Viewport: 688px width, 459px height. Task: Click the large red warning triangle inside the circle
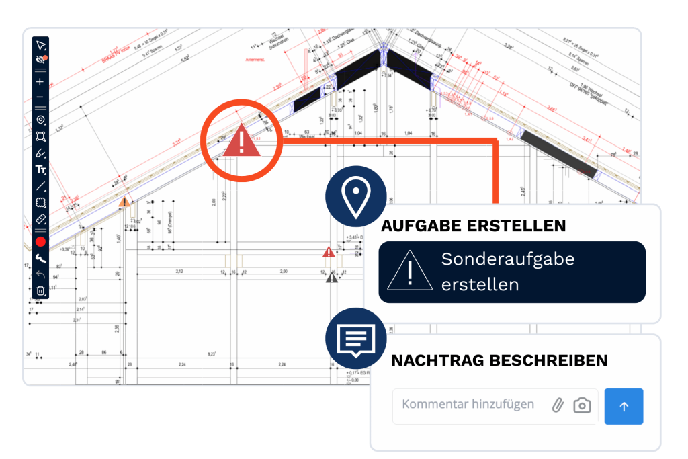coord(242,142)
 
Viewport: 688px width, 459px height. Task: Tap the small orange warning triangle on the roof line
coord(124,202)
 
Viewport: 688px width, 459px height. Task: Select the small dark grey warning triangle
coord(332,277)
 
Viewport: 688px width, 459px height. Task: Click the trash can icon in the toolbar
coord(40,290)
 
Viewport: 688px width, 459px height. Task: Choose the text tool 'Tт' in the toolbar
coord(40,170)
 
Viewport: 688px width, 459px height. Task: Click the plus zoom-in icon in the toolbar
coord(40,82)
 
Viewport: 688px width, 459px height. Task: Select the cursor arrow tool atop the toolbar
coord(40,45)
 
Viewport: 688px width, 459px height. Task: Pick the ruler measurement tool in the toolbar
coord(40,219)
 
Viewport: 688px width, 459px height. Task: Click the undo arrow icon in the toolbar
coord(40,274)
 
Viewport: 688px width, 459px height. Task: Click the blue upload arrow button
coord(623,406)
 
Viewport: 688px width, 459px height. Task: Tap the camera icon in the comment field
coord(582,405)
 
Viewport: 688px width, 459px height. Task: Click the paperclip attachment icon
coord(557,405)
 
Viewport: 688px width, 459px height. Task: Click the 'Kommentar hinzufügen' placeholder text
coord(468,404)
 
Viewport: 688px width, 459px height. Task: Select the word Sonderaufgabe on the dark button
coord(508,259)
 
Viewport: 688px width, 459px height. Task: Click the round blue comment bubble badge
coord(355,339)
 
